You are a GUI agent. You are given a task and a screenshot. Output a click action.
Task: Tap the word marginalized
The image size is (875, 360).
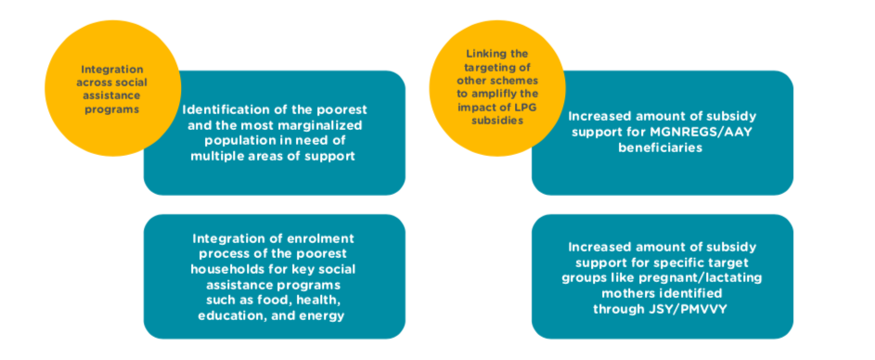[x=321, y=125]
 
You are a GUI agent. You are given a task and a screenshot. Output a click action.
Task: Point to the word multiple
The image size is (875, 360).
[x=216, y=156]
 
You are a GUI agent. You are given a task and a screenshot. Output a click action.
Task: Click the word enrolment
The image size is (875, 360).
[x=324, y=238]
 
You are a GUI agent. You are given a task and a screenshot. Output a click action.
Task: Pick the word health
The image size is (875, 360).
[x=320, y=301]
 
